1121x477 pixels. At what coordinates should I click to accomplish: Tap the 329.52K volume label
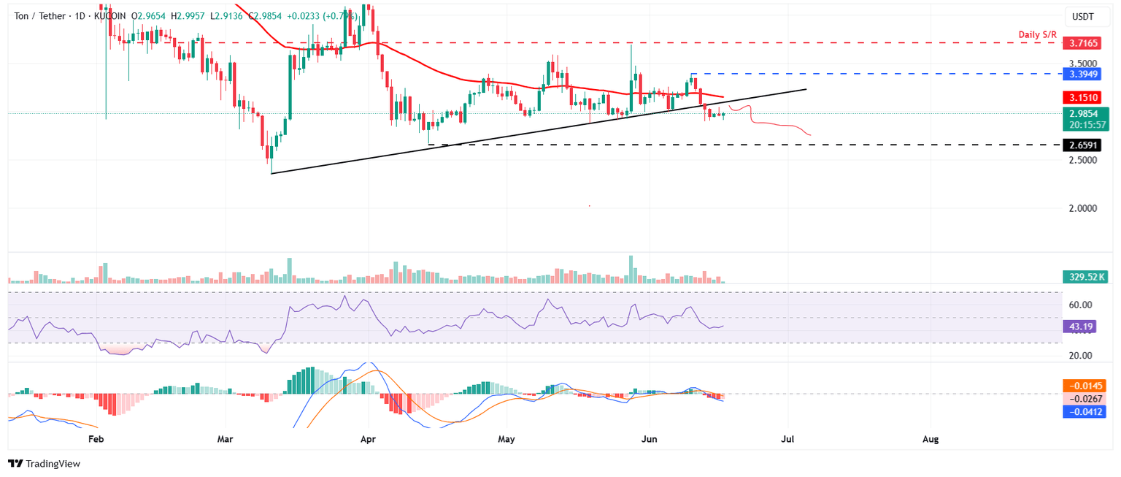click(1085, 276)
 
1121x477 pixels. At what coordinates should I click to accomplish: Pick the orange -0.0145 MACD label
click(1085, 384)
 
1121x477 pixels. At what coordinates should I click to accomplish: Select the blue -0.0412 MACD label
click(1085, 412)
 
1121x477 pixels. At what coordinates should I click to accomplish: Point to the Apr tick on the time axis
click(368, 440)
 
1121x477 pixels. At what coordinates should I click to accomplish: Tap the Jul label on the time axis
click(787, 440)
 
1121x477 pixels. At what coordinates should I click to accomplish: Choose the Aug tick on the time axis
click(930, 440)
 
